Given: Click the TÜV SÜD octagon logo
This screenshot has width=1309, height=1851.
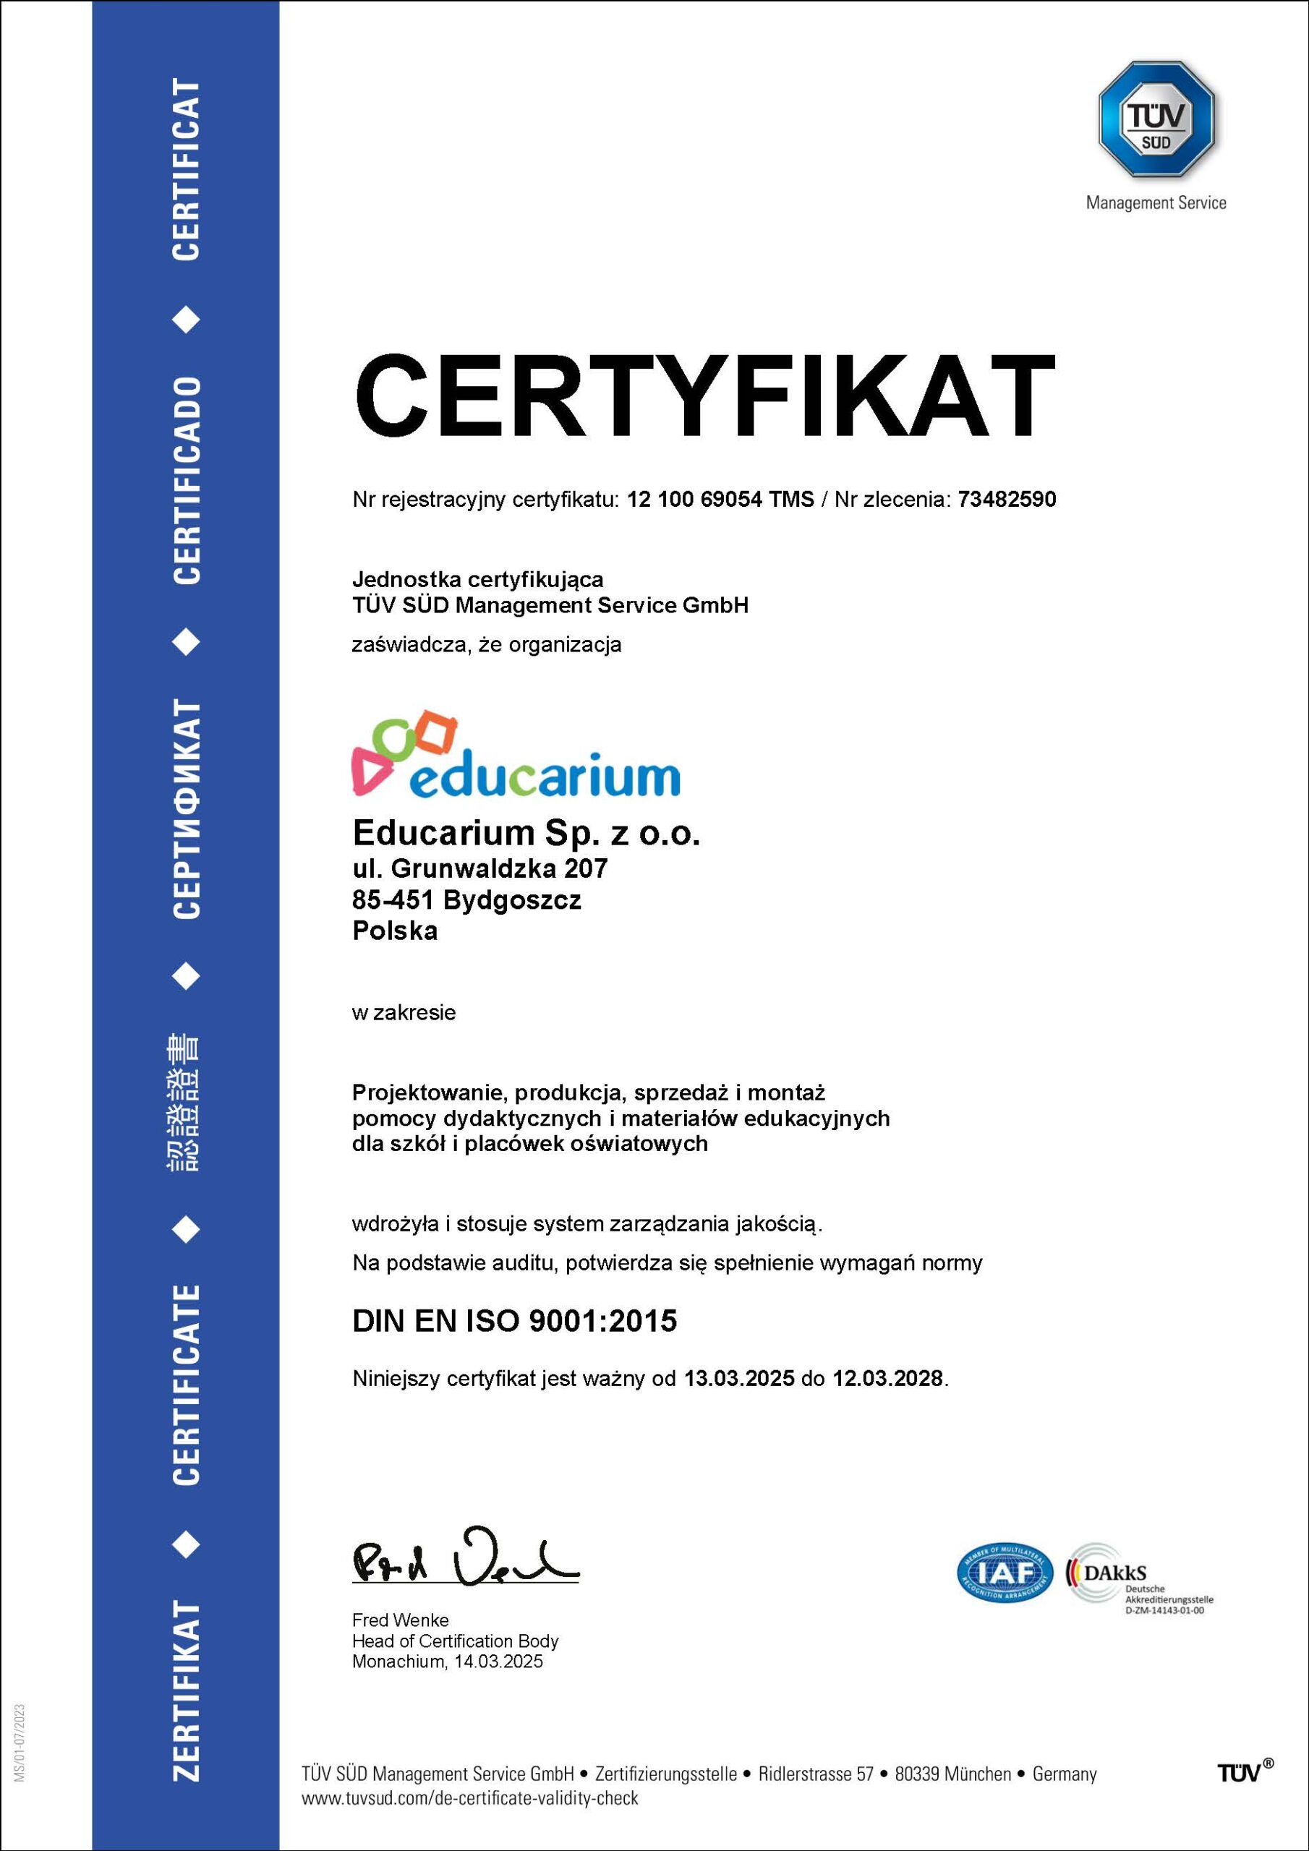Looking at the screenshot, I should (x=1156, y=119).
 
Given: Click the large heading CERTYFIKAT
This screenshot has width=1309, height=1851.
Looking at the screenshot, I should (x=704, y=396).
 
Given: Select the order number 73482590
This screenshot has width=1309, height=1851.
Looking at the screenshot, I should (x=1007, y=500).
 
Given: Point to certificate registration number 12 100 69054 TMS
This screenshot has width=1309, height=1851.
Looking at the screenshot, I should (x=720, y=500).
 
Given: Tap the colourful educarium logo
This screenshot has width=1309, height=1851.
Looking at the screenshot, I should (x=516, y=756).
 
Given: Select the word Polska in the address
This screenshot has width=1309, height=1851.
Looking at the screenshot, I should (x=395, y=931).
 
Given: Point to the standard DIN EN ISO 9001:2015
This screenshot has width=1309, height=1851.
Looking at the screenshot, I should (x=515, y=1320).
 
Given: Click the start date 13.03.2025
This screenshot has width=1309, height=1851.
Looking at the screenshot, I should (x=740, y=1379).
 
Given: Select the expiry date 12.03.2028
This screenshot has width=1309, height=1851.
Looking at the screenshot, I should (x=887, y=1379).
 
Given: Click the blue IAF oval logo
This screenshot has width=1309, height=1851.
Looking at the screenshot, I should (x=1005, y=1573).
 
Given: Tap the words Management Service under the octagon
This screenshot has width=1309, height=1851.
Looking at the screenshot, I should (x=1156, y=203).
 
